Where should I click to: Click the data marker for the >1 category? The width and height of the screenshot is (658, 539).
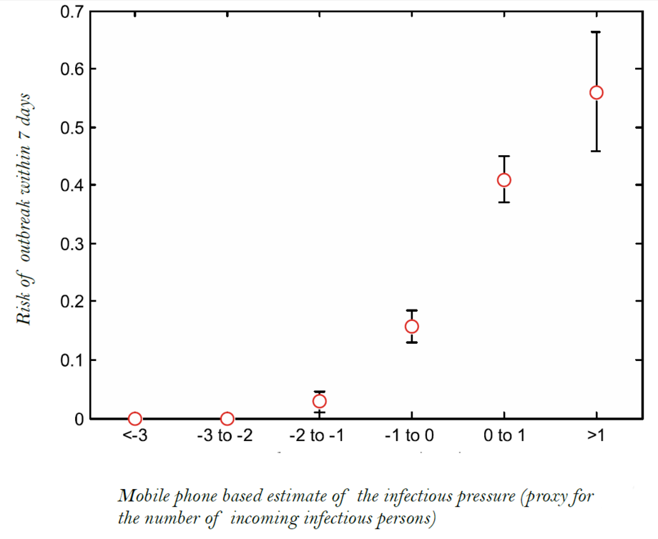596,92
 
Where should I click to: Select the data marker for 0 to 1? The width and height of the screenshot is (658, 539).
504,179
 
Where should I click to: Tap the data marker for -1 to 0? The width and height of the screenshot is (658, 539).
411,327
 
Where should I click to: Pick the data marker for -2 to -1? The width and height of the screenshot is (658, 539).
319,401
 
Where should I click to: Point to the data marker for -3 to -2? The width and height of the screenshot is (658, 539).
227,418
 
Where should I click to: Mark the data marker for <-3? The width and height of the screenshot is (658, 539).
134,418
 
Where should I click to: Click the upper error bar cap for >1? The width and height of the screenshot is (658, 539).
596,32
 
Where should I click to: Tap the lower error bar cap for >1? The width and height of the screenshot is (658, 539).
596,151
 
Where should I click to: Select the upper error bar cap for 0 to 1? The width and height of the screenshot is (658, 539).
504,156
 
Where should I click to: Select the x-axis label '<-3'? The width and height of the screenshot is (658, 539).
134,437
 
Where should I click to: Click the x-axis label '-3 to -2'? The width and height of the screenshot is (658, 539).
227,437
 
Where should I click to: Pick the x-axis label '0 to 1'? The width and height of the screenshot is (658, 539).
504,437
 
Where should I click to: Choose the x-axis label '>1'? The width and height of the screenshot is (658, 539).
596,437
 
